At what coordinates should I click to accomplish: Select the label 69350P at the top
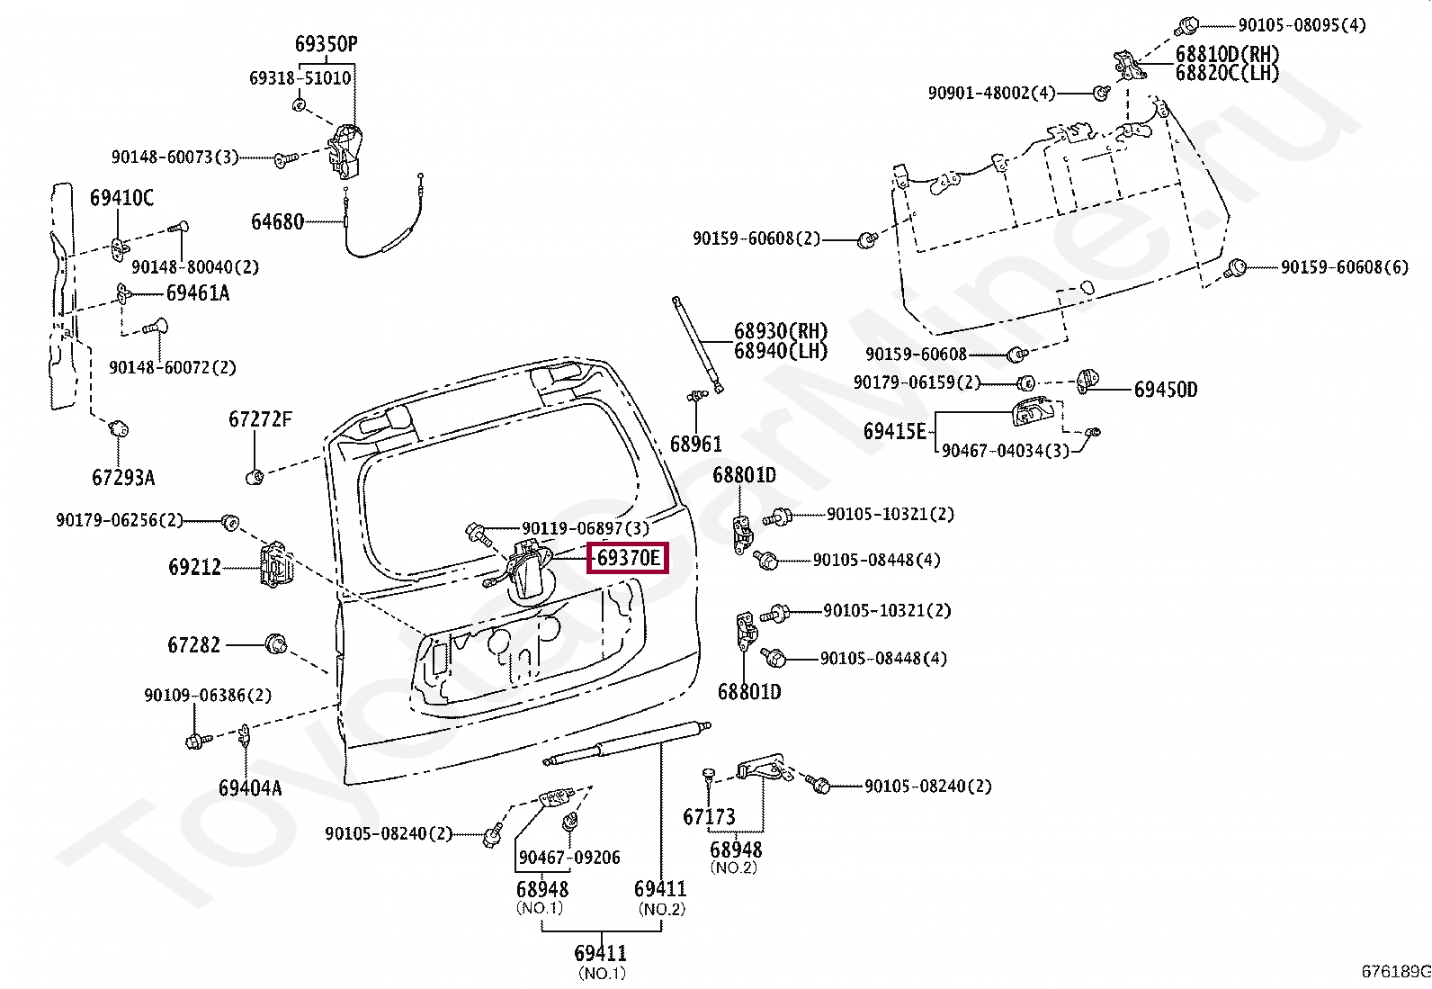pos(326,44)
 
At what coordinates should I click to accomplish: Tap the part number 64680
pos(277,221)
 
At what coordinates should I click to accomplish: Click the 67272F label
pos(260,419)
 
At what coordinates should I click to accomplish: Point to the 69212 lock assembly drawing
pos(274,566)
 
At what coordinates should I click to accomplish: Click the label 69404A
pos(249,788)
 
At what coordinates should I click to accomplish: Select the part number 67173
pos(709,817)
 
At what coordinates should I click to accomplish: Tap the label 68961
pos(695,445)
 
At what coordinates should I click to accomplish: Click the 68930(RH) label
pos(780,331)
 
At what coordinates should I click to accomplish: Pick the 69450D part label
pos(1165,390)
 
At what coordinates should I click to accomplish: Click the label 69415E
pos(894,431)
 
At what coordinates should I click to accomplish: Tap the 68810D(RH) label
pos(1227,54)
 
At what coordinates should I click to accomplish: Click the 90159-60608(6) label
pos(1344,267)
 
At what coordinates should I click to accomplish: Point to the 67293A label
pos(123,477)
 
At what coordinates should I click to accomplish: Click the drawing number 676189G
pos(1394,971)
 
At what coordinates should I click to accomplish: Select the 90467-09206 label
pos(568,858)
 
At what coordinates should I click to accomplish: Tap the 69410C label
pos(121,198)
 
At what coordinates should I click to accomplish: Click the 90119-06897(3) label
pos(585,528)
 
